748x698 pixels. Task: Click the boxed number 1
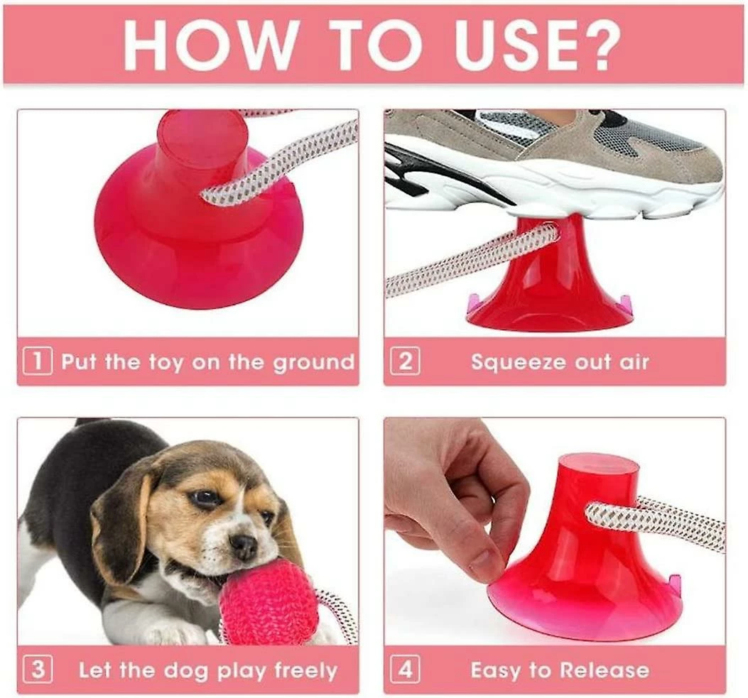point(38,361)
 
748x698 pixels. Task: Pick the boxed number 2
point(405,361)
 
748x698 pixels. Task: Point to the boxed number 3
point(38,669)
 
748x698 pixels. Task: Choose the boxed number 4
point(405,669)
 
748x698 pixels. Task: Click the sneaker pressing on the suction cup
point(554,163)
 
